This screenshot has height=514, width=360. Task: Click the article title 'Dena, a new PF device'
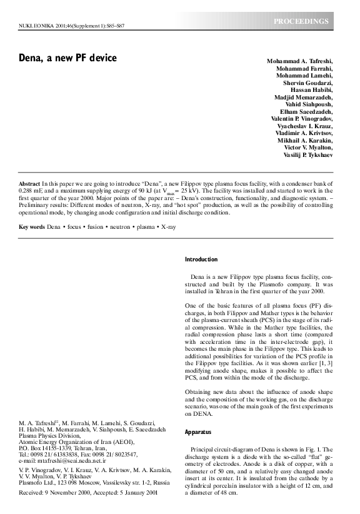67,59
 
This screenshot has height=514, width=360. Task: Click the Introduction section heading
201,259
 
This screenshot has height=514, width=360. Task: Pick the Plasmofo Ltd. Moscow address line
93,483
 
